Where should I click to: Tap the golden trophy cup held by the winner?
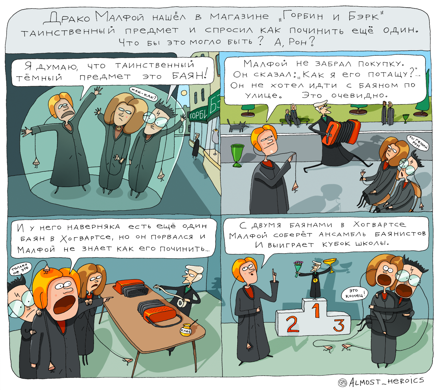(x=330, y=264)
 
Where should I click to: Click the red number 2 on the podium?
(x=292, y=324)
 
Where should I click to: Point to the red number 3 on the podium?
(x=338, y=325)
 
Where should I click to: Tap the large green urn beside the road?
(x=237, y=155)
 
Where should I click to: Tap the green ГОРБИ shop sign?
(x=198, y=115)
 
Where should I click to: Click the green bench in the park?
(x=295, y=121)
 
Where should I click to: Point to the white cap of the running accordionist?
(x=320, y=103)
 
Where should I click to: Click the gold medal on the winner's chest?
(x=315, y=281)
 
